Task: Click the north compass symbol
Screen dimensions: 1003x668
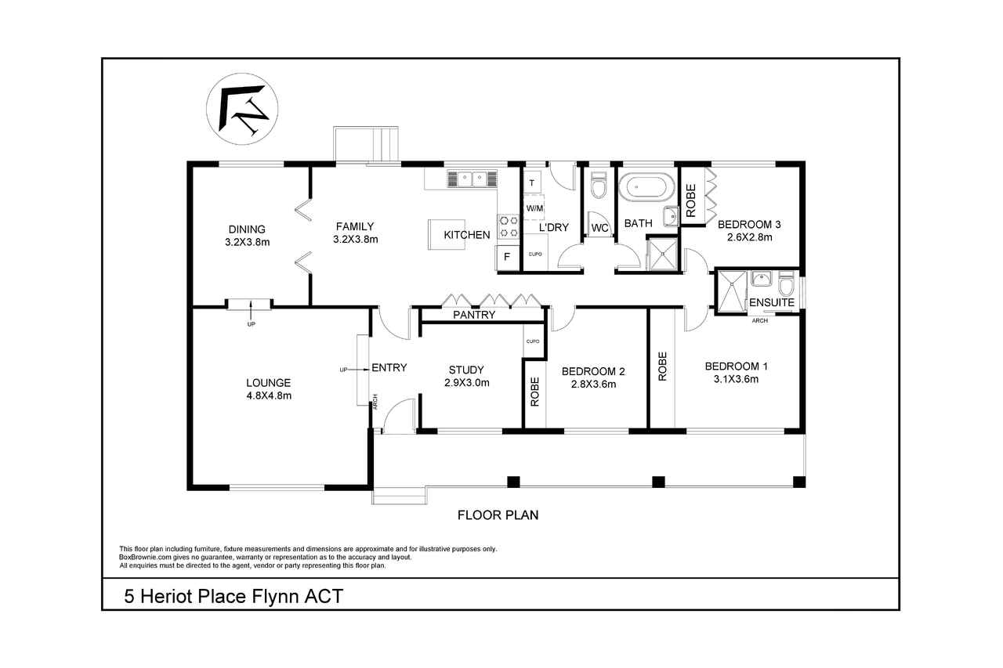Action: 242,109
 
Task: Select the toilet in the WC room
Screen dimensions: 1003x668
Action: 599,186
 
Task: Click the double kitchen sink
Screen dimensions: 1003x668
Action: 472,179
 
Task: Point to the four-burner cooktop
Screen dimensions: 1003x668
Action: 509,226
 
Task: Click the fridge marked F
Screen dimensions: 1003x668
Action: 507,257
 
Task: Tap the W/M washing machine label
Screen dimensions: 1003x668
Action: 534,208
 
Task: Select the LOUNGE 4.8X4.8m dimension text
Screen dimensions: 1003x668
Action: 269,395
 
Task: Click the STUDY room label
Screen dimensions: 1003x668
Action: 466,370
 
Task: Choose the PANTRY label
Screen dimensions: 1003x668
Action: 474,315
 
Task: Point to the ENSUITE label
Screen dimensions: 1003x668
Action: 772,302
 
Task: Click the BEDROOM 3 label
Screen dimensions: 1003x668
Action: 749,224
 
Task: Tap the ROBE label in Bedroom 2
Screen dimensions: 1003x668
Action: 534,392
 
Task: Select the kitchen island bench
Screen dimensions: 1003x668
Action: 447,234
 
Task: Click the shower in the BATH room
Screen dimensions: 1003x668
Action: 663,255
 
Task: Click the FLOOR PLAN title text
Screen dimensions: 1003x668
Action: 498,515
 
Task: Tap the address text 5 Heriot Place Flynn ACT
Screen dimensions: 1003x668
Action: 234,597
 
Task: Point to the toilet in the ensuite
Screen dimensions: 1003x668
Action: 786,282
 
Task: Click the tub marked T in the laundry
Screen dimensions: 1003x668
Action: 531,182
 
